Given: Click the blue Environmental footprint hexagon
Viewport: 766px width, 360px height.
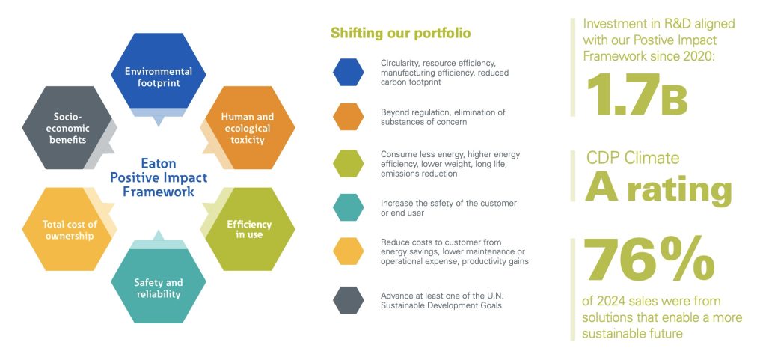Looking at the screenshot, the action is tap(159, 71).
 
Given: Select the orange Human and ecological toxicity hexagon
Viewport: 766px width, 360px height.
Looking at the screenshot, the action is tap(250, 128).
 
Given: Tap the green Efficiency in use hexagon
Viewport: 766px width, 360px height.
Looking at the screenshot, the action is tap(250, 229).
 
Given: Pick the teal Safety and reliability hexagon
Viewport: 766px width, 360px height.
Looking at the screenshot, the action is tap(159, 286).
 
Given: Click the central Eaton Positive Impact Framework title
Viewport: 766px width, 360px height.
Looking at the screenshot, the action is tap(159, 177).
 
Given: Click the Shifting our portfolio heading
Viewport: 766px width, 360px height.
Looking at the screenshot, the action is tap(401, 33).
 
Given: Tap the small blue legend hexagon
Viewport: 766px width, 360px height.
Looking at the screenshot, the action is tap(349, 73).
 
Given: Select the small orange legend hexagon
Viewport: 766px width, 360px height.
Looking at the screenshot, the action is tap(349, 117).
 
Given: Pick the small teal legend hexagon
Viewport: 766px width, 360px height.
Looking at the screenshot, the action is tap(349, 207).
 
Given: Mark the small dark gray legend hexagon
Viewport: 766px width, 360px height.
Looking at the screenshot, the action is tap(349, 300).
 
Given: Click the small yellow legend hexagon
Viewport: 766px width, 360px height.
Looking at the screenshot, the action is tap(349, 251).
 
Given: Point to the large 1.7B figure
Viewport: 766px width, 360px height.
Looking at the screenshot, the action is tap(637, 94).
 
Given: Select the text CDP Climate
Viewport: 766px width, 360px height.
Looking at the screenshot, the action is tap(633, 158).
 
